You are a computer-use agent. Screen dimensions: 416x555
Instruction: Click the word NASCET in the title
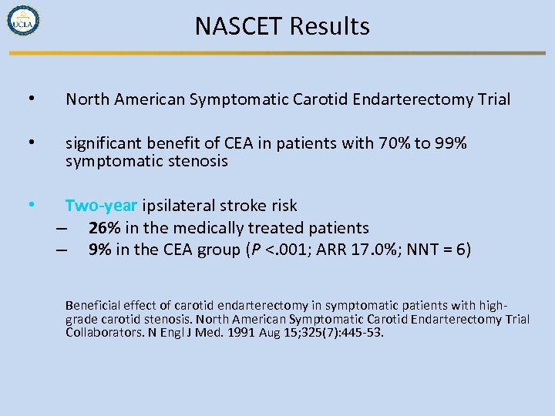tap(239, 26)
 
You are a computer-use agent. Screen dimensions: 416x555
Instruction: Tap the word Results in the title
tap(330, 26)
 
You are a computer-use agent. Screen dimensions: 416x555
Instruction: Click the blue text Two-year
tap(101, 206)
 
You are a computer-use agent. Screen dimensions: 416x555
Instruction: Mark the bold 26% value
tap(103, 228)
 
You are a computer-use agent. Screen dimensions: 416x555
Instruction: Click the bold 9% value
tap(98, 250)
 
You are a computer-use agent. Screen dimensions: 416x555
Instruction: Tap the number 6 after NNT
tap(460, 250)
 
